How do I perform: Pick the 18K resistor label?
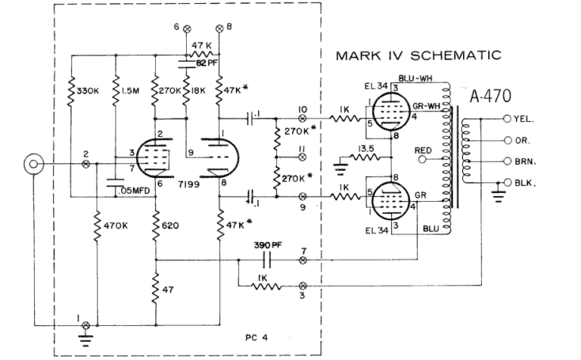(x=197, y=92)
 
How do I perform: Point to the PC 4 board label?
(x=260, y=335)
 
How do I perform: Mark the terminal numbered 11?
(x=303, y=157)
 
